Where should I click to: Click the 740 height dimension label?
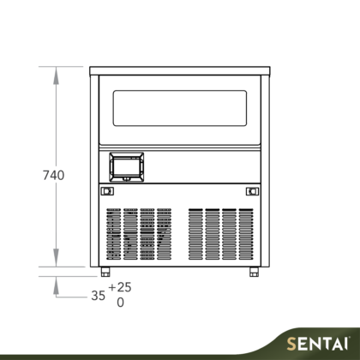point(54,175)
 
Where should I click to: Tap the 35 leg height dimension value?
point(98,296)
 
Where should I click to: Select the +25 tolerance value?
point(120,287)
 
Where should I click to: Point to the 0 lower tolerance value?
point(121,303)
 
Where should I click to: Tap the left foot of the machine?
point(105,272)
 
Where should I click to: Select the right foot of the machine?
point(254,272)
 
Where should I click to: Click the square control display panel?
point(127,167)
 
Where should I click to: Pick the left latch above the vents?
point(107,191)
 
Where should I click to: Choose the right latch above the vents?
point(253,191)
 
